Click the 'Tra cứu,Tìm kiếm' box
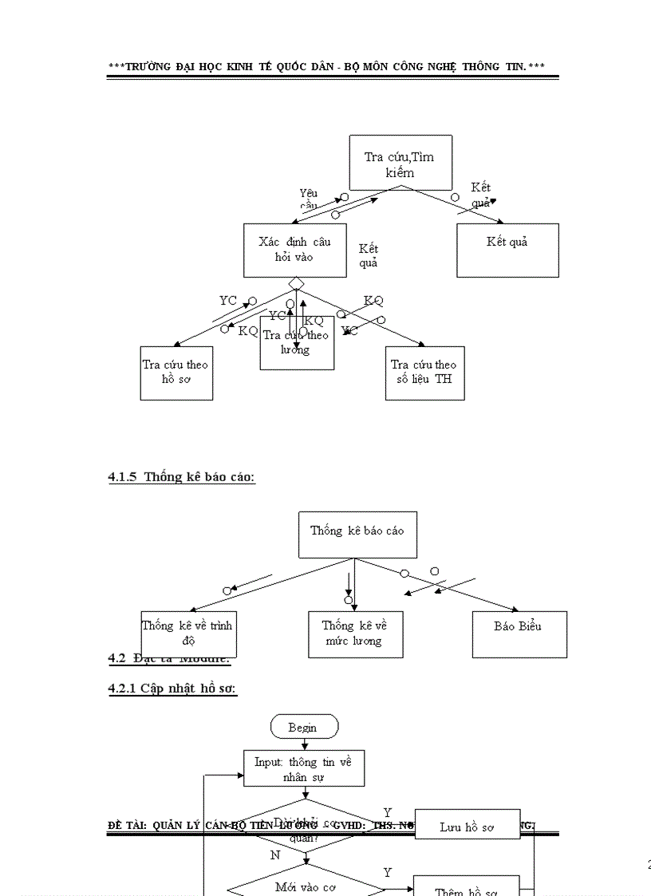[400, 163]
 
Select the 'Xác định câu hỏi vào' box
[294, 250]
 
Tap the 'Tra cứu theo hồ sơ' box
[176, 373]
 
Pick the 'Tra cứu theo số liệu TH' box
[424, 373]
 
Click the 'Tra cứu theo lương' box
[296, 343]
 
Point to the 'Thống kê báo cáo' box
[357, 534]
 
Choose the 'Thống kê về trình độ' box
[187, 634]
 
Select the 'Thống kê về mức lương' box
[355, 634]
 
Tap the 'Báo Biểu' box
[519, 634]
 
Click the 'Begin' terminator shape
[303, 727]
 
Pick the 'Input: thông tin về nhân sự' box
[304, 769]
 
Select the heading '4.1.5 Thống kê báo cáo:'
[181, 477]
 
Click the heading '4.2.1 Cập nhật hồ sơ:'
[172, 688]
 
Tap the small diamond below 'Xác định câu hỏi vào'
[296, 283]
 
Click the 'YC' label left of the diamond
[228, 301]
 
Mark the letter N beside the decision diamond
[275, 855]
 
